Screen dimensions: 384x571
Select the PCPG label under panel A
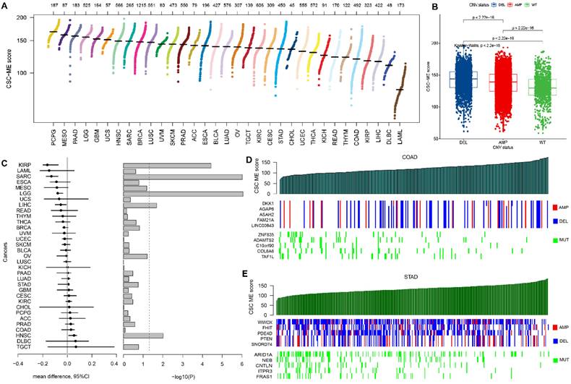click(53, 135)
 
